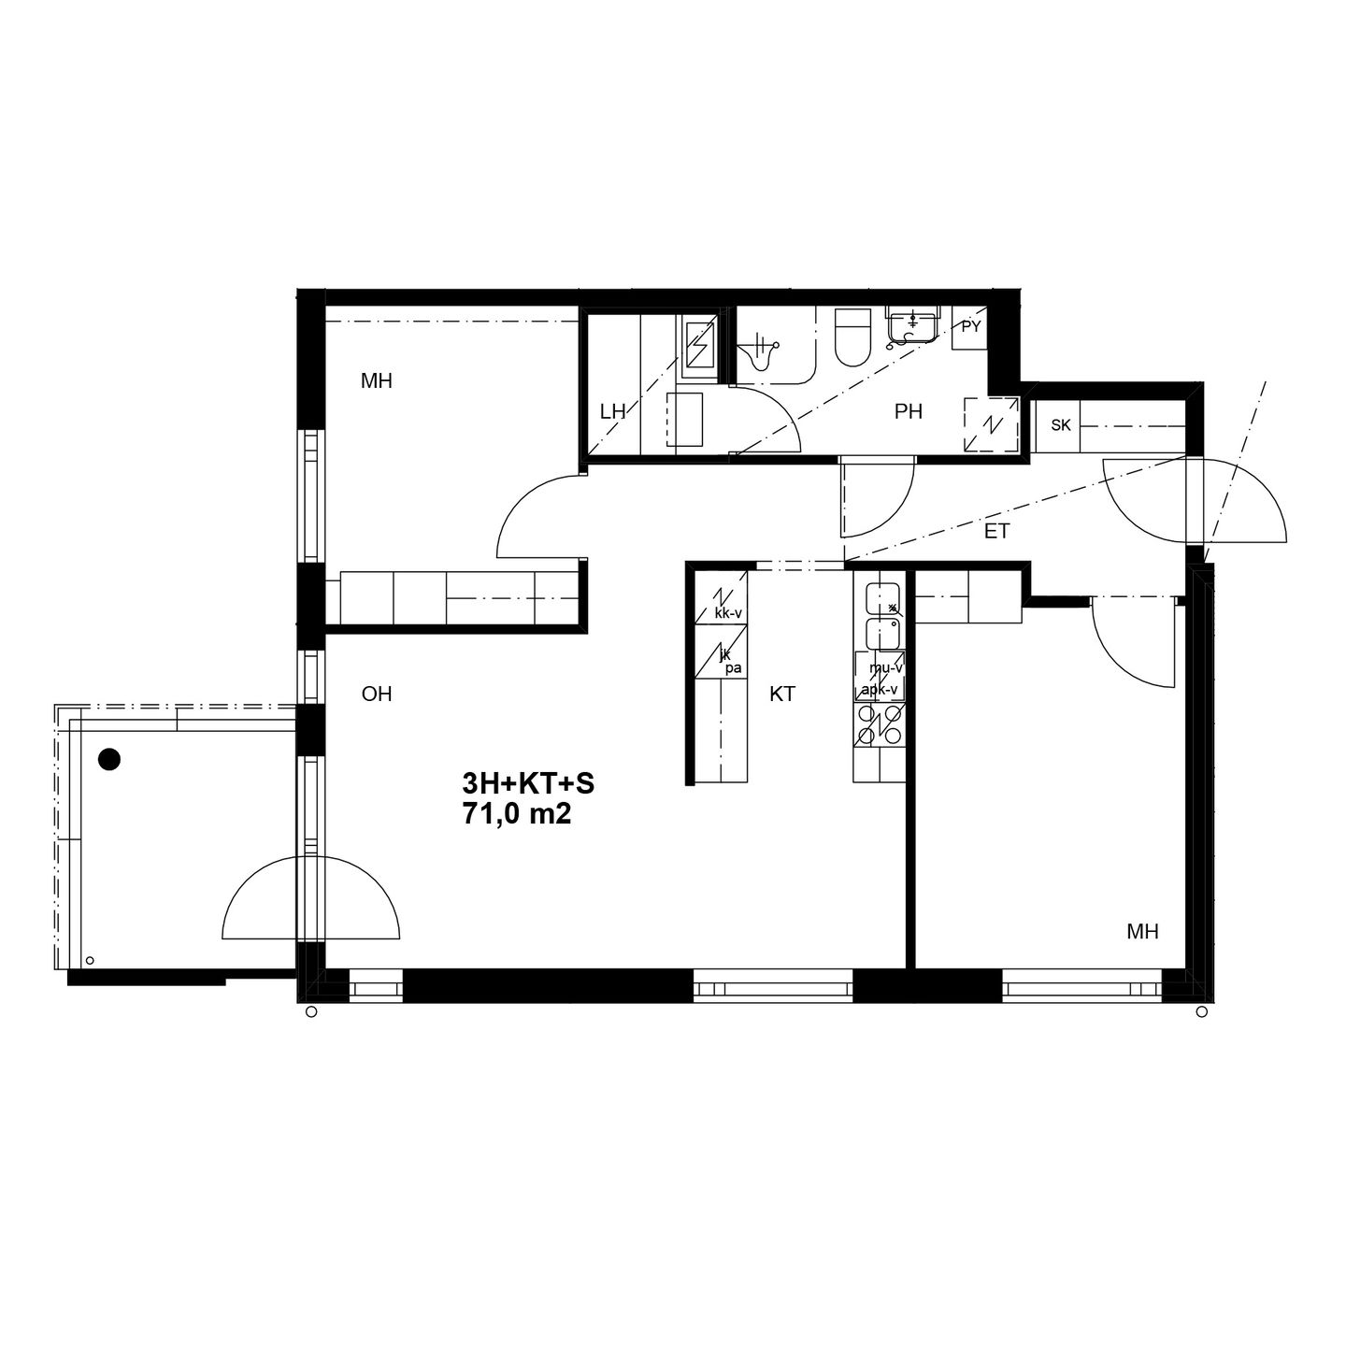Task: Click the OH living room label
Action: [x=377, y=694]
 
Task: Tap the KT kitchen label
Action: [x=782, y=694]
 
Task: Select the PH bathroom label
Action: [x=908, y=412]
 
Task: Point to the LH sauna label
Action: [x=612, y=412]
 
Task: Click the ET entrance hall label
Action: [x=996, y=532]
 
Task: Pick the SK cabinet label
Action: [x=1060, y=424]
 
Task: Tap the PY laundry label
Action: [x=971, y=326]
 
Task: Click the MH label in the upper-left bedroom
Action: [x=377, y=380]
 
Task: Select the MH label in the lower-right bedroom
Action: [x=1143, y=931]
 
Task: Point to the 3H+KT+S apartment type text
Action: [x=528, y=784]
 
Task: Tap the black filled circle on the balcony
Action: [x=109, y=759]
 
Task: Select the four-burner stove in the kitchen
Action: [x=880, y=725]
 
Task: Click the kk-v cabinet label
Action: [x=728, y=614]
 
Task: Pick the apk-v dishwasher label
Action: [x=880, y=690]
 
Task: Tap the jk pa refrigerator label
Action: [x=731, y=662]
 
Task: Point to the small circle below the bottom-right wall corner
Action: [x=1201, y=1011]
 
